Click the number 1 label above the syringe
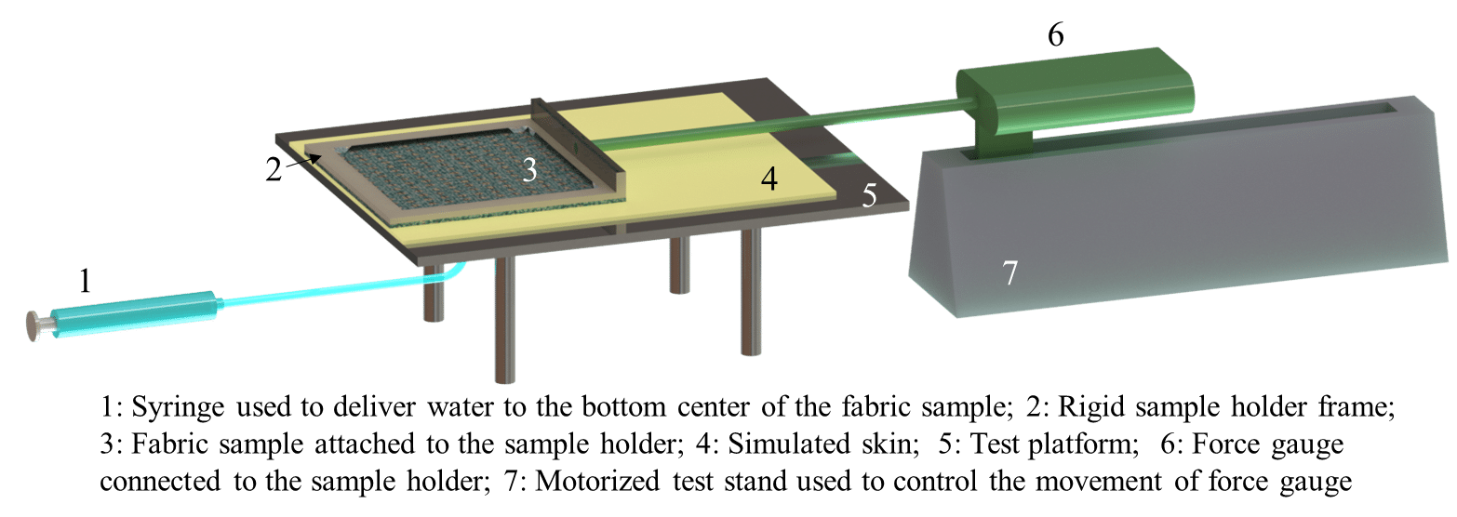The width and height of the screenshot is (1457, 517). coord(85,281)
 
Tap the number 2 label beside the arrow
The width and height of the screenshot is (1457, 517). coord(274,169)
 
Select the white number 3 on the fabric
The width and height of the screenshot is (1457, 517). coord(530,170)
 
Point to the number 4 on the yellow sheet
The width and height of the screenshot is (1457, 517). coord(769,179)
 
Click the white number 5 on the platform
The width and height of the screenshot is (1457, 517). coord(870,195)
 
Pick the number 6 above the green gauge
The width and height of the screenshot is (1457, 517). coord(1056,33)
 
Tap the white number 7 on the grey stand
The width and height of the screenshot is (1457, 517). coord(1010,272)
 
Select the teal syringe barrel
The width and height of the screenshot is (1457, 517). coord(133,314)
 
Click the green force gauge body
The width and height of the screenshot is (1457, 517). coord(1075,98)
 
